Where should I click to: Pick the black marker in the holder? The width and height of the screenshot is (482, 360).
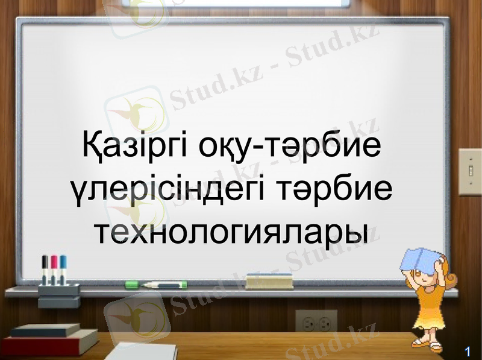[45, 266]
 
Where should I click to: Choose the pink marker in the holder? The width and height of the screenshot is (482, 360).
[54, 266]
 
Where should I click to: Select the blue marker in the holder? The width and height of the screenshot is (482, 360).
[63, 266]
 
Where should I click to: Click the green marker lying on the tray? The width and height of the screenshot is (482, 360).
[155, 284]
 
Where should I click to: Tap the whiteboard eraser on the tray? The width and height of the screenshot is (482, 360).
[277, 280]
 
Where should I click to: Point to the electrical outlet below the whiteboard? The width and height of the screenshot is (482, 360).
[316, 322]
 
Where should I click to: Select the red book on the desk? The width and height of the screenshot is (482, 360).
[48, 345]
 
